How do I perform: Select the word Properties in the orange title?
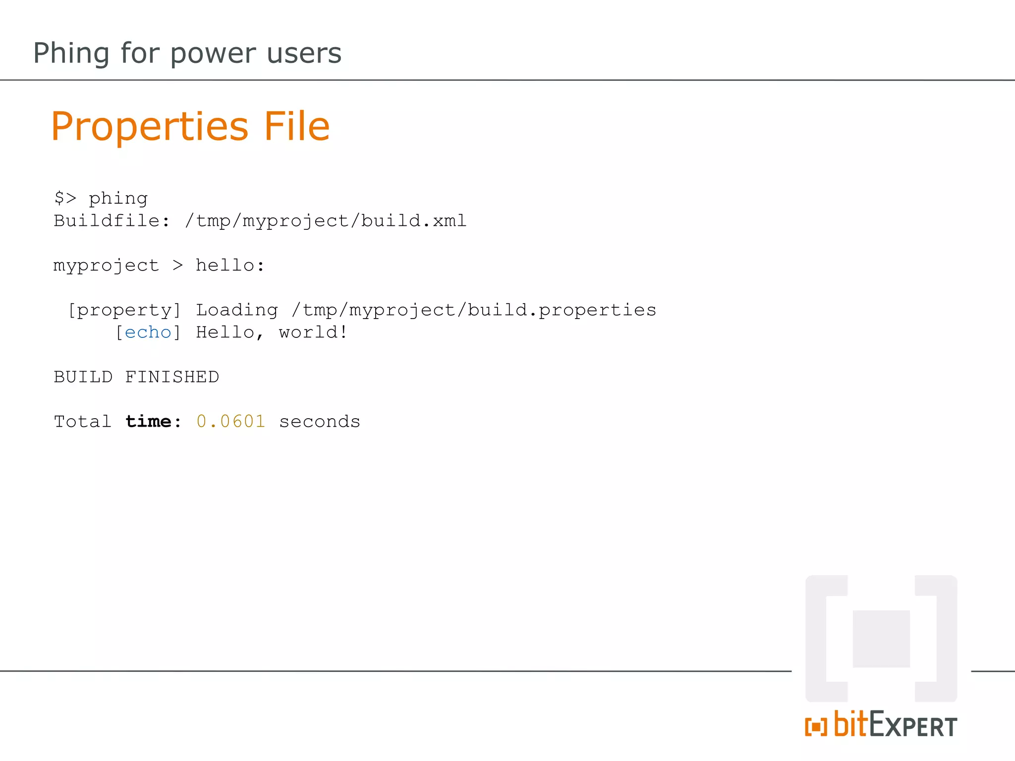pyautogui.click(x=149, y=127)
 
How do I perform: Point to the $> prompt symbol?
pyautogui.click(x=65, y=198)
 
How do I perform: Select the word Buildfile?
pyautogui.click(x=112, y=220)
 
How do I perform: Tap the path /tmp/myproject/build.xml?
pyautogui.click(x=326, y=221)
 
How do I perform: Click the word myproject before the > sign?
pyautogui.click(x=106, y=266)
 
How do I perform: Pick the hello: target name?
pyautogui.click(x=230, y=265)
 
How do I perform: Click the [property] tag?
pyautogui.click(x=124, y=311)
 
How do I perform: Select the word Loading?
pyautogui.click(x=237, y=311)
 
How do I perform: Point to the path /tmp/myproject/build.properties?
pyautogui.click(x=474, y=311)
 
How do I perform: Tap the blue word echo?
pyautogui.click(x=148, y=332)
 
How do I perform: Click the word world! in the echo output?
pyautogui.click(x=313, y=332)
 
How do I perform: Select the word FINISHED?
pyautogui.click(x=172, y=377)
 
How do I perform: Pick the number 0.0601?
pyautogui.click(x=231, y=422)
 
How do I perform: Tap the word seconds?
pyautogui.click(x=320, y=422)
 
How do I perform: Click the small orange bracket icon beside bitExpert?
pyautogui.click(x=816, y=727)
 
